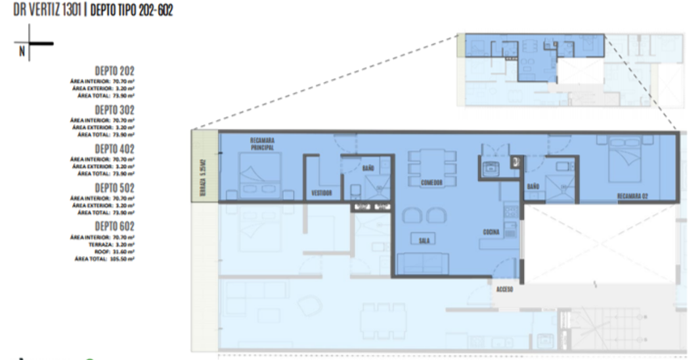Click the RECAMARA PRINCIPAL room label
(261, 143)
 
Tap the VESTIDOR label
(322, 193)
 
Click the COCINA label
(491, 232)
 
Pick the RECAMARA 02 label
(633, 196)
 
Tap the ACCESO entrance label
(504, 289)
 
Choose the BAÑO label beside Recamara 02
(533, 187)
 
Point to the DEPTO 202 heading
(114, 71)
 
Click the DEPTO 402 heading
(114, 149)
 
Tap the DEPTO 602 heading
(114, 227)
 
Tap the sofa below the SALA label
(424, 263)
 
